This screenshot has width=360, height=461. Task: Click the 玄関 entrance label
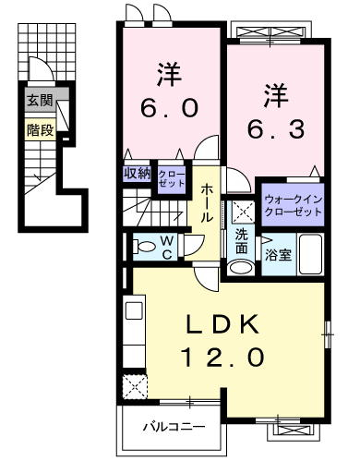(40, 101)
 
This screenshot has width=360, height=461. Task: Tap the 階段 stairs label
(41, 130)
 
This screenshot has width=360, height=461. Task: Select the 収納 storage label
(138, 174)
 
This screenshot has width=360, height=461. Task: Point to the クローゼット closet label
(172, 178)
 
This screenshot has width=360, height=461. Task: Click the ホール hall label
(207, 203)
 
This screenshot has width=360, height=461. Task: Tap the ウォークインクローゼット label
(293, 205)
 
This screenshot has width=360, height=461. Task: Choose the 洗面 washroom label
(242, 242)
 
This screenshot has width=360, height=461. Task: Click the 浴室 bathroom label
(278, 255)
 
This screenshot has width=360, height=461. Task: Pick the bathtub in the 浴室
(311, 254)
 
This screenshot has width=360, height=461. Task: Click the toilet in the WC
(144, 247)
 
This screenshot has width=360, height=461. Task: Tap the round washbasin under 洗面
(242, 268)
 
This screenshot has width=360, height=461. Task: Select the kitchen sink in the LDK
(134, 310)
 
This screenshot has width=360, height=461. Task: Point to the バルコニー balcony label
(174, 427)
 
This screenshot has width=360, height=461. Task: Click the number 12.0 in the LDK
(223, 358)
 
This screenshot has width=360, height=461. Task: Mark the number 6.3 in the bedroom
(276, 128)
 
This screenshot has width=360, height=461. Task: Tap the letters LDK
(223, 324)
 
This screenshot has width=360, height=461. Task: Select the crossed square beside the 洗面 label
(244, 212)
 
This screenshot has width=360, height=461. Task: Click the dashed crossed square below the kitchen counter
(135, 386)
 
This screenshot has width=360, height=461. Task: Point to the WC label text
(166, 247)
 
